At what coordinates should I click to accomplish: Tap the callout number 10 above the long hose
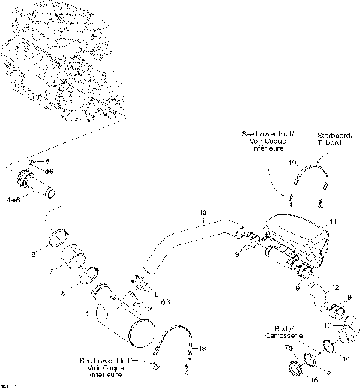(x=202, y=214)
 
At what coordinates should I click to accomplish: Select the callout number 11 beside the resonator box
(x=333, y=222)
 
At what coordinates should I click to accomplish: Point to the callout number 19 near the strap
(x=293, y=163)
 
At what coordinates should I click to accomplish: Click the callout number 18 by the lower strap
(x=201, y=349)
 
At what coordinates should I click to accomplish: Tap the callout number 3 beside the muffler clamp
(x=166, y=301)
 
